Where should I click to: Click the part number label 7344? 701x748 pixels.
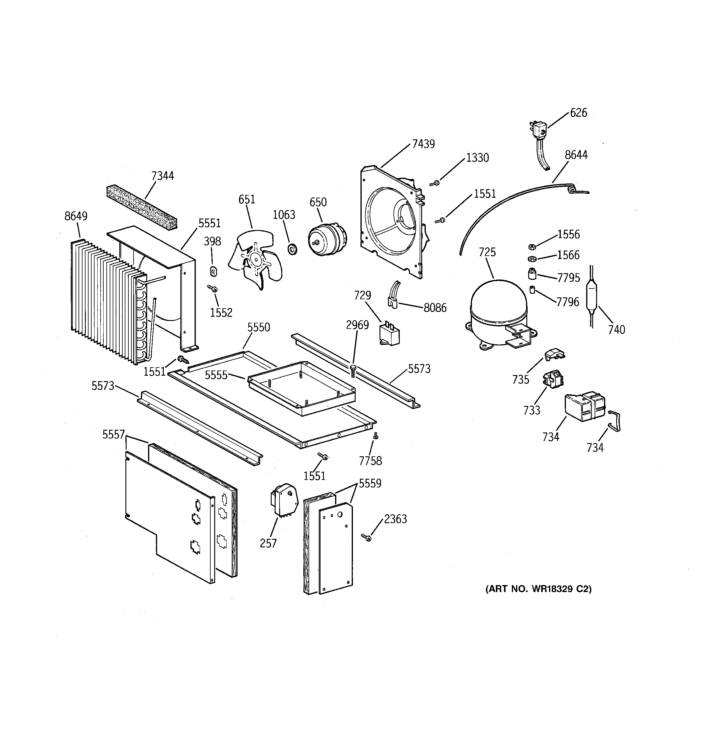[x=163, y=176]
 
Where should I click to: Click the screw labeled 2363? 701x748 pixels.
[x=367, y=537]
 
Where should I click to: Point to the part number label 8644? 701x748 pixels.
[x=576, y=155]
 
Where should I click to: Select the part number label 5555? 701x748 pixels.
[x=216, y=375]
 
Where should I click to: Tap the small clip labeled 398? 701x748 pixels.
[x=213, y=270]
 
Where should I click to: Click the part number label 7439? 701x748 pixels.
[x=423, y=144]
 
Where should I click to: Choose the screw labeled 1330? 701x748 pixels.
[x=435, y=183]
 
